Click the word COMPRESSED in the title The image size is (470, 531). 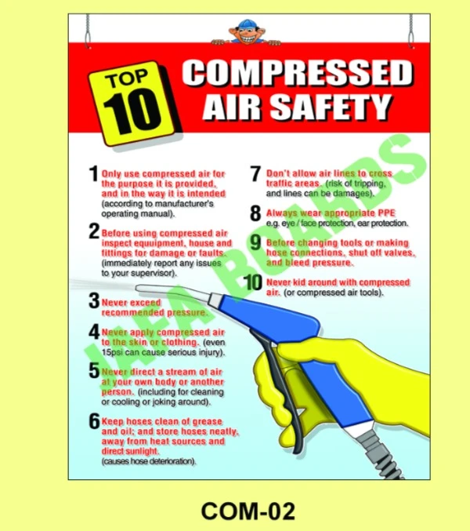pos(296,75)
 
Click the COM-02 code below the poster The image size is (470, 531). pos(248,511)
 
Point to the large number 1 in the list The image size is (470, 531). pos(94,174)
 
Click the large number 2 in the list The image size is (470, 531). pos(94,232)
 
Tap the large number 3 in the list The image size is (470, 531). pos(94,300)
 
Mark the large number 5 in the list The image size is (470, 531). pos(94,370)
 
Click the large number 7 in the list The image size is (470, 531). pos(255,174)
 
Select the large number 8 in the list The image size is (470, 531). pos(255,213)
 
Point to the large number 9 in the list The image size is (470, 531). pos(255,242)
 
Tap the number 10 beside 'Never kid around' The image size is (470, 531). pos(252,283)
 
